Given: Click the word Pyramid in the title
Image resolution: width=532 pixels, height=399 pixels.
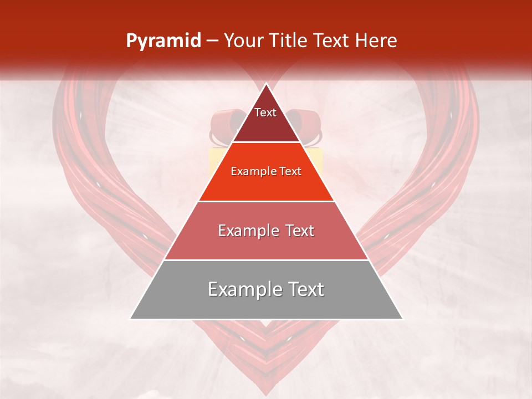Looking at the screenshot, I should pyautogui.click(x=163, y=41).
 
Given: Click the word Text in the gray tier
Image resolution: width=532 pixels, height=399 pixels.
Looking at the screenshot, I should pyautogui.click(x=305, y=289).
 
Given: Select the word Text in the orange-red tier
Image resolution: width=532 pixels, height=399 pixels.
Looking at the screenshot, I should pyautogui.click(x=290, y=171).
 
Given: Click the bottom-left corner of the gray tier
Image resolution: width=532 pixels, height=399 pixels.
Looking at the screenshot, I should pyautogui.click(x=131, y=319).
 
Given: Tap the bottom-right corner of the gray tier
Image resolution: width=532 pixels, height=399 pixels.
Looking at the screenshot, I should pyautogui.click(x=402, y=319).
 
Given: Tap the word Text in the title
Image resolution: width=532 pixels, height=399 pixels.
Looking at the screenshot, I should pyautogui.click(x=334, y=41).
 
